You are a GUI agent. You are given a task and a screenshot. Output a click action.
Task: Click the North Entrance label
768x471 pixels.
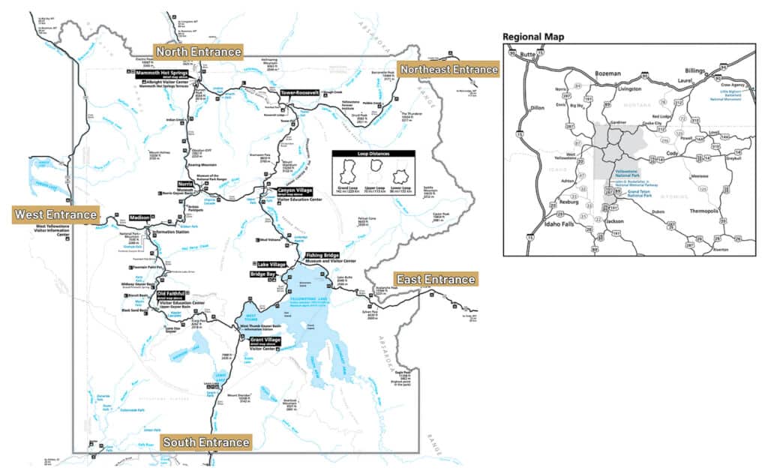(x=199, y=52)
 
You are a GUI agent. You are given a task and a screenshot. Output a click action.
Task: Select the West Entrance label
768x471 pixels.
(x=56, y=214)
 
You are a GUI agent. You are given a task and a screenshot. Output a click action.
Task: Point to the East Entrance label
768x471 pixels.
(x=436, y=279)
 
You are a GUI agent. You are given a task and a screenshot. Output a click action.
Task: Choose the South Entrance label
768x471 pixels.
(x=206, y=442)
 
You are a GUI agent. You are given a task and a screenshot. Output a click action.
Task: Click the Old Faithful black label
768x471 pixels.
(x=171, y=293)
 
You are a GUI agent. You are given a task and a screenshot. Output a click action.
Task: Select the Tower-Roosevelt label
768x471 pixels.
(x=300, y=93)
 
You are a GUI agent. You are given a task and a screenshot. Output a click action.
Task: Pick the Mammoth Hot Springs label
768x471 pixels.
(x=163, y=73)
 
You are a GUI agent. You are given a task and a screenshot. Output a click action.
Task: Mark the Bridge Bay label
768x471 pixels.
(x=264, y=274)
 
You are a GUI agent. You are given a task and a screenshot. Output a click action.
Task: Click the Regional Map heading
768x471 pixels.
(x=533, y=36)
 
